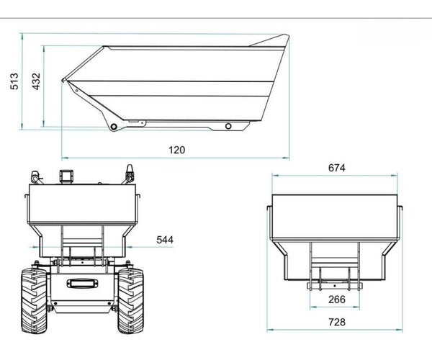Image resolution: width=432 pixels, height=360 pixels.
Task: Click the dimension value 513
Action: [x=14, y=81]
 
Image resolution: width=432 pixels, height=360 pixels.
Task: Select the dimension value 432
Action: [x=36, y=81]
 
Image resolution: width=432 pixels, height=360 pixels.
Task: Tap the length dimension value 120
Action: [x=177, y=150]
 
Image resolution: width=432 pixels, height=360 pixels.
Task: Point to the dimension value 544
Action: [x=165, y=240]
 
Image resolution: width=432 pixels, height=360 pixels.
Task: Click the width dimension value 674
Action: [x=337, y=168]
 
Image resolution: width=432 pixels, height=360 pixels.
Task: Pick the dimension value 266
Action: [x=337, y=300]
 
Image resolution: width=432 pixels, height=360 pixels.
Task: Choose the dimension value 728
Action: [x=337, y=322]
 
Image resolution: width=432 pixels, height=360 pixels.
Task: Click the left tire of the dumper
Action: [x=34, y=301]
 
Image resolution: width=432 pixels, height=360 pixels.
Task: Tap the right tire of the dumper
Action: [x=131, y=301]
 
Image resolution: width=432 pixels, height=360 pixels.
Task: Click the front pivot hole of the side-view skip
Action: [x=114, y=127]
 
